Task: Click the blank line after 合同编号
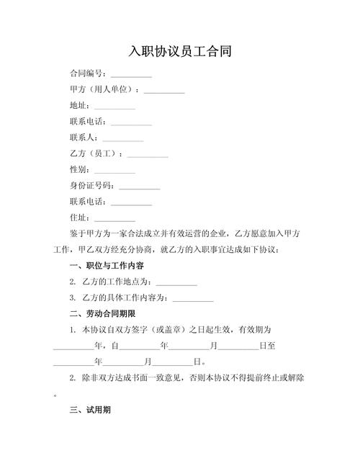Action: click(x=131, y=75)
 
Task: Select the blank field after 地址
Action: click(x=114, y=107)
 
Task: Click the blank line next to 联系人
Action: click(x=123, y=139)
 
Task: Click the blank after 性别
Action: click(x=114, y=171)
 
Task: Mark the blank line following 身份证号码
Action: click(x=140, y=187)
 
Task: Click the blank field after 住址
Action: click(x=114, y=218)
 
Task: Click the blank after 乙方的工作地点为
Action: click(x=176, y=282)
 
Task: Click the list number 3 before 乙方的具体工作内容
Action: click(x=73, y=297)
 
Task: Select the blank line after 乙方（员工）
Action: click(x=148, y=155)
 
